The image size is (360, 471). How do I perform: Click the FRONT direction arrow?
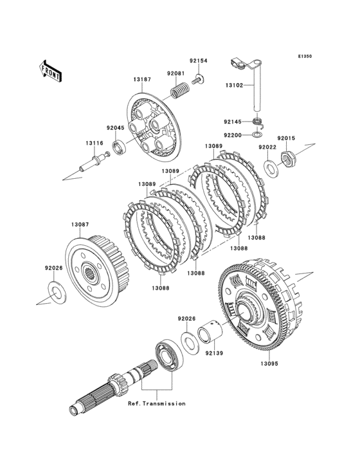50,71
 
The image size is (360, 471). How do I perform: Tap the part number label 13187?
142,79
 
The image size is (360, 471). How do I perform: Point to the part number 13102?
234,85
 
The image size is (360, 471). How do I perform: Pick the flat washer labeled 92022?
271,167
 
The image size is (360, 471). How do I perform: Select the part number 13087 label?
80,225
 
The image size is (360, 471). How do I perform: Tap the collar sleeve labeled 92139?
210,331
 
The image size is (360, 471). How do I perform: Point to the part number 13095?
269,364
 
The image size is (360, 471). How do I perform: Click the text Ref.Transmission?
157,403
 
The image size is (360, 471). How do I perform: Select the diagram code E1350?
305,56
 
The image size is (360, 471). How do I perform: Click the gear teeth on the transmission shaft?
118,384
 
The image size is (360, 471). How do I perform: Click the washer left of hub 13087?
57,292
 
